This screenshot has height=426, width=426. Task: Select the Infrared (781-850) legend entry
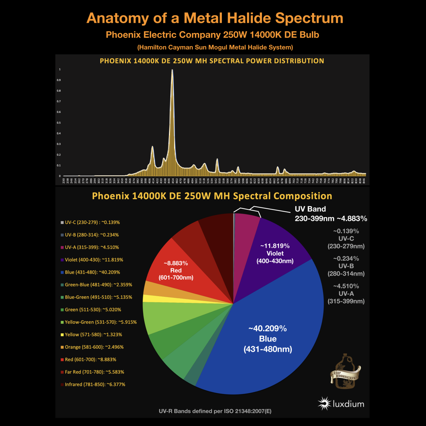95,384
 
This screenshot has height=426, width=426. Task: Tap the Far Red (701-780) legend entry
94,372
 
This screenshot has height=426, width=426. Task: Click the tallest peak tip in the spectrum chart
172,70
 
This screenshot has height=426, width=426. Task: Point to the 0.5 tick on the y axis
60,123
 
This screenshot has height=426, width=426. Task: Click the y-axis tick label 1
60,70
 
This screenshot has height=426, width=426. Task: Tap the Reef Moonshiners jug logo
345,371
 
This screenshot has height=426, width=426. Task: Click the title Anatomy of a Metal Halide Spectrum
215,18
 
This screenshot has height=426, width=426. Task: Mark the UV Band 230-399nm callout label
331,214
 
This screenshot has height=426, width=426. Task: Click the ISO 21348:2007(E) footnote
215,411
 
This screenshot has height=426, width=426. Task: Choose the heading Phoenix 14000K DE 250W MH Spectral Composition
212,196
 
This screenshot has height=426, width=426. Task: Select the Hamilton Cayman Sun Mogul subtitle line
215,47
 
